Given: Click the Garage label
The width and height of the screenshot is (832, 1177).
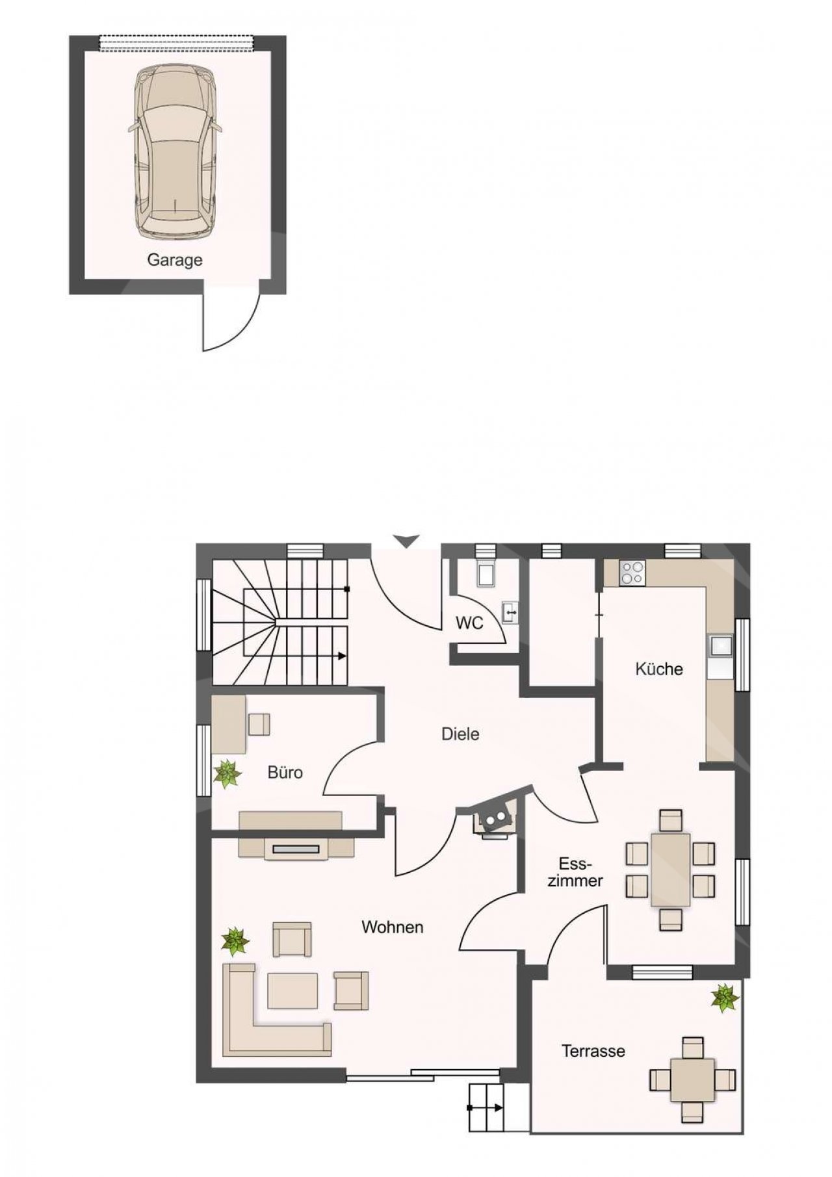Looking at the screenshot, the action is [x=174, y=260].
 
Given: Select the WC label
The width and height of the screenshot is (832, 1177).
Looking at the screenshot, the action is [x=469, y=623].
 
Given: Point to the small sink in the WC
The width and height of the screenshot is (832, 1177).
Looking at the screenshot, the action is [x=511, y=612].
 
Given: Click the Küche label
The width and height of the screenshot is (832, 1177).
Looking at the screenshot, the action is [x=659, y=669].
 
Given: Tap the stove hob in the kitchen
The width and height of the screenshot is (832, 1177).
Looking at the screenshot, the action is [x=632, y=573].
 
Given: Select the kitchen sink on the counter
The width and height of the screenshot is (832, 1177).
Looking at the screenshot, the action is [x=721, y=646].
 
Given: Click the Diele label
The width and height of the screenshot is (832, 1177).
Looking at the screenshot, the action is [x=460, y=734].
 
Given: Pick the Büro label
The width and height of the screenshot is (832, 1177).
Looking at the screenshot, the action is [x=285, y=772].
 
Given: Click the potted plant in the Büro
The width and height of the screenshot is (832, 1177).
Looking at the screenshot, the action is [x=227, y=773].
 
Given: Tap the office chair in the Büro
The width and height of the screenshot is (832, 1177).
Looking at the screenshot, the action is [x=259, y=725].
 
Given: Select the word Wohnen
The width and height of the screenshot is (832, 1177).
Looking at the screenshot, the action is [x=393, y=927].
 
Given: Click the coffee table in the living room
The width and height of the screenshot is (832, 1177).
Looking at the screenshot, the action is [x=292, y=990].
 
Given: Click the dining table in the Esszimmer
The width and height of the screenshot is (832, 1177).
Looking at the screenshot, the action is [x=671, y=870].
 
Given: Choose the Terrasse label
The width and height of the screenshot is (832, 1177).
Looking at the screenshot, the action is [x=593, y=1050].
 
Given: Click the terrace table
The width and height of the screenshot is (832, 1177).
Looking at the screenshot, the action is [x=693, y=1080].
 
